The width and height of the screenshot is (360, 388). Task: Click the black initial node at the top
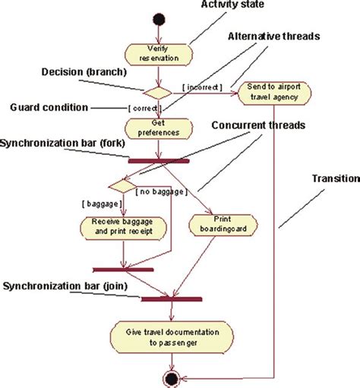159,18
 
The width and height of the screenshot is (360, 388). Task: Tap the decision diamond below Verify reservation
159,93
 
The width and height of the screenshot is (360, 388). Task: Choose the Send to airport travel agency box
274,93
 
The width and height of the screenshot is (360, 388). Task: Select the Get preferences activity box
158,128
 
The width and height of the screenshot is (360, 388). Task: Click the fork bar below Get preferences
158,160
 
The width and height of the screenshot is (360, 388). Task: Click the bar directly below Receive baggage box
122,269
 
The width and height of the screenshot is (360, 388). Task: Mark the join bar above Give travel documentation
172,298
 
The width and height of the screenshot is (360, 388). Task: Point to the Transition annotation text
334,178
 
